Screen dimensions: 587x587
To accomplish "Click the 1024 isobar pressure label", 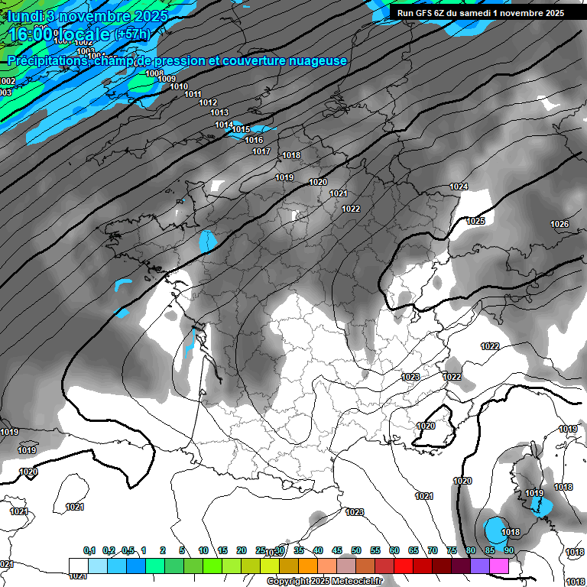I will [459, 186].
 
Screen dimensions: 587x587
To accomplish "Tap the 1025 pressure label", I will [475, 221].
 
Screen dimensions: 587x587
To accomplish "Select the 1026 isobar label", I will [559, 224].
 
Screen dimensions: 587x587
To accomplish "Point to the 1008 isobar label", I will [154, 74].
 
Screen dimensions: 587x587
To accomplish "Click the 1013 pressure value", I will [219, 113].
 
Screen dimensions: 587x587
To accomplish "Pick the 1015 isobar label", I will [242, 130].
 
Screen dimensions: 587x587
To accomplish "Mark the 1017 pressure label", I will [261, 152].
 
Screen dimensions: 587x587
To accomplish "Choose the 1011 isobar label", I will [193, 95].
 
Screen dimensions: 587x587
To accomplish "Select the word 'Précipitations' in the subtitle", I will [47, 60].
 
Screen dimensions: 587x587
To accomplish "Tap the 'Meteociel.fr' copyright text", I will [352, 582].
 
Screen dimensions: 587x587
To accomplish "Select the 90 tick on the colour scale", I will [508, 551].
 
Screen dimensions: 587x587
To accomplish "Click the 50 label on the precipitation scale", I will [356, 551].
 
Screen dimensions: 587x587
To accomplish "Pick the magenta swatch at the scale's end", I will [499, 566].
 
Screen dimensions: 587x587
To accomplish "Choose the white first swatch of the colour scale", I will [78, 566].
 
